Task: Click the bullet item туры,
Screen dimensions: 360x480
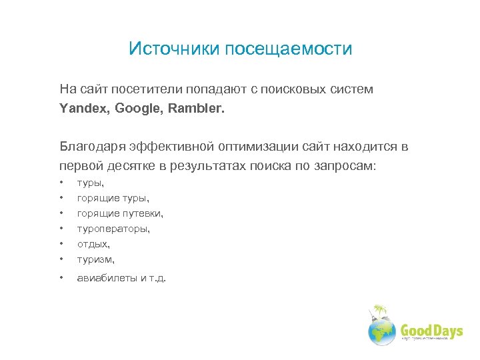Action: (x=91, y=183)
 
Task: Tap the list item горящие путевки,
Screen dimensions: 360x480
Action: (x=120, y=213)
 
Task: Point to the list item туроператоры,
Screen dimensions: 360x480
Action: (x=113, y=229)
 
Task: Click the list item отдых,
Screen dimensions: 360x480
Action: (x=93, y=244)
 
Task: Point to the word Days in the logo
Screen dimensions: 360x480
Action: (x=447, y=331)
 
